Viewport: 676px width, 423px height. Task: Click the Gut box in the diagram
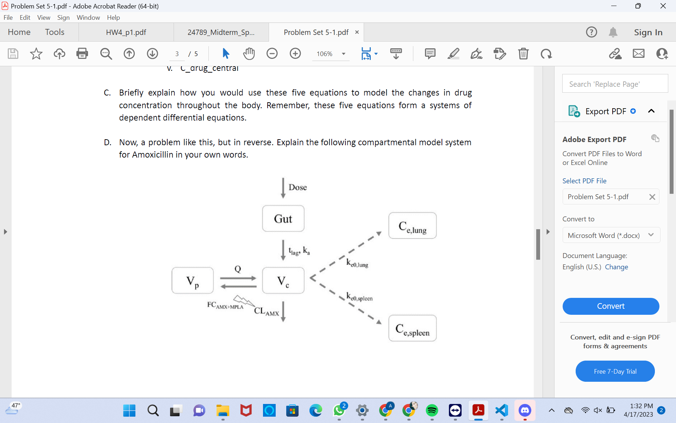[x=283, y=219]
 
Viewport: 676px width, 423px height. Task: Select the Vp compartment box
[x=192, y=281]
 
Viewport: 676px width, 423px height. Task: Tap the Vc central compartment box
[x=283, y=281]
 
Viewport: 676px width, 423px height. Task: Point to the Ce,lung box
[x=412, y=226]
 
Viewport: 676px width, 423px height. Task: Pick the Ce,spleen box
[x=412, y=328]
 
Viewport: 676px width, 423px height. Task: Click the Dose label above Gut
[x=298, y=187]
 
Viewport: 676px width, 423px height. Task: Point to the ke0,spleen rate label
[x=359, y=297]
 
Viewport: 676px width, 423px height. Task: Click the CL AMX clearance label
[x=267, y=311]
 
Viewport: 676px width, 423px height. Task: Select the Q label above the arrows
[x=238, y=269]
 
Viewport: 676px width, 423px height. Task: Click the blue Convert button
[x=611, y=306]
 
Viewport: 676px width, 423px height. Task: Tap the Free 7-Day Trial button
[x=615, y=371]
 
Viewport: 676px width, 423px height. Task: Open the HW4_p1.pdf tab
[x=126, y=32]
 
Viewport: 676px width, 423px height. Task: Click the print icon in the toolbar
[x=82, y=54]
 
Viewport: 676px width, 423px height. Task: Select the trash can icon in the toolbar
[x=523, y=54]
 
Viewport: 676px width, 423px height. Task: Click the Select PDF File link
[x=584, y=181]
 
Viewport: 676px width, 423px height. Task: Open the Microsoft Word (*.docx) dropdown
[x=611, y=235]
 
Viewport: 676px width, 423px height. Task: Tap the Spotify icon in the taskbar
[x=432, y=410]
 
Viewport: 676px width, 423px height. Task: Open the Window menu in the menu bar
[x=88, y=18]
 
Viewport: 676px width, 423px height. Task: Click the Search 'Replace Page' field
[x=615, y=84]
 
